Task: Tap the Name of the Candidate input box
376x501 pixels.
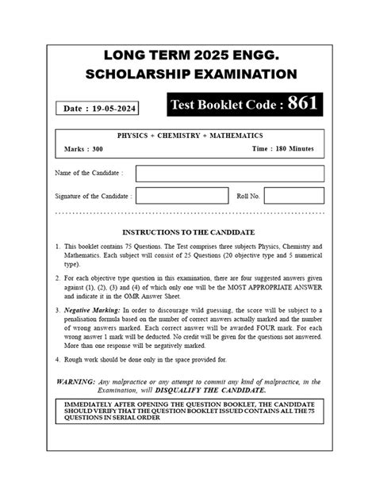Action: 229,173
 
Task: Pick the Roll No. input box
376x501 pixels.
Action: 294,195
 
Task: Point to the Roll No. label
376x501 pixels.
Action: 247,195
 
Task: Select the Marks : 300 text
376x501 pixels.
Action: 82,148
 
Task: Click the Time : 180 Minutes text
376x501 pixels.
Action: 283,148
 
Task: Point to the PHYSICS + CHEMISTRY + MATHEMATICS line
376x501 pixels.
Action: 190,136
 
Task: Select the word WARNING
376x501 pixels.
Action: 77,381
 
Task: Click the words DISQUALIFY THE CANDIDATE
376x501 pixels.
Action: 223,390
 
